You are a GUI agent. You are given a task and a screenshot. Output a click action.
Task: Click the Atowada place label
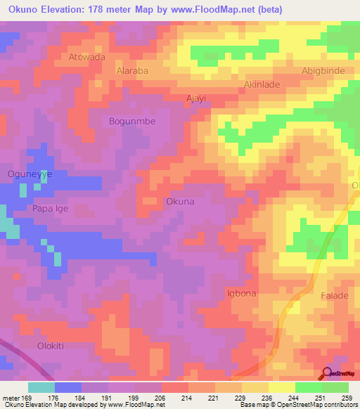(x=87, y=57)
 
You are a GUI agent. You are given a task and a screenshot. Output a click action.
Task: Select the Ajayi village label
(x=195, y=98)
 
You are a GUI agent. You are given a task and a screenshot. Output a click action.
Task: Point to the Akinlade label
(x=262, y=84)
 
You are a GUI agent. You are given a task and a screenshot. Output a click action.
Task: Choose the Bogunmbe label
(x=131, y=121)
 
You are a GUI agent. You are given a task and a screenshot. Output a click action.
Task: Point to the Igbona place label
(x=241, y=293)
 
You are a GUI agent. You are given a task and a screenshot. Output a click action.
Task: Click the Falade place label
(x=335, y=296)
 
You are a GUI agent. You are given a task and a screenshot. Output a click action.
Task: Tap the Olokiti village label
(x=54, y=346)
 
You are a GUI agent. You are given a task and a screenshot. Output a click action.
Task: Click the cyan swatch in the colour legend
(x=41, y=387)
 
